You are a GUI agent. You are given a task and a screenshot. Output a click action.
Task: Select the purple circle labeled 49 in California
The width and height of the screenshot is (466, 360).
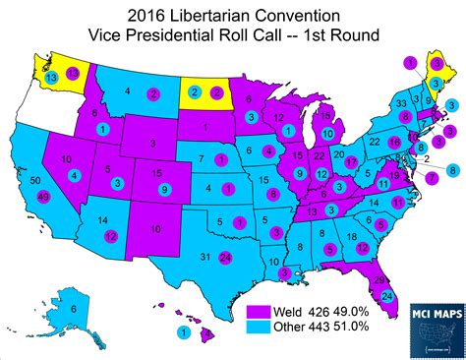(x=44, y=198)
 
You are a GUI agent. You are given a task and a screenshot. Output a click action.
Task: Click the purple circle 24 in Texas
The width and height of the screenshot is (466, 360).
(x=225, y=259)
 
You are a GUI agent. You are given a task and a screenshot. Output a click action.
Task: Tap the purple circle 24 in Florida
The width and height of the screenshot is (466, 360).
(x=387, y=297)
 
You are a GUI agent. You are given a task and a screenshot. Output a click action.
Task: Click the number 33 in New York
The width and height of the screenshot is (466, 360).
(x=400, y=102)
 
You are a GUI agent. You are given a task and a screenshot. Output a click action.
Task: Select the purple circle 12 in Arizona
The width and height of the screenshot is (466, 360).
(x=110, y=235)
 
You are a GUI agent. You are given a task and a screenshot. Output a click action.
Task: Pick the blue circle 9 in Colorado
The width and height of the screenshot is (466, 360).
(x=163, y=188)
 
